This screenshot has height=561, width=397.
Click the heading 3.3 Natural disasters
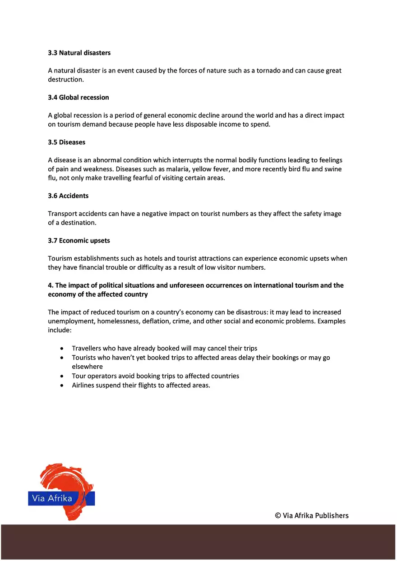[79, 53]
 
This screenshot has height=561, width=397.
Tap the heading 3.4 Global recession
[78, 97]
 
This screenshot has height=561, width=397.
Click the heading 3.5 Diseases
[66, 142]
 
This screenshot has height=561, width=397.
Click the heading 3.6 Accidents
[68, 196]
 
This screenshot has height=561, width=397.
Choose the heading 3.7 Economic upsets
[79, 240]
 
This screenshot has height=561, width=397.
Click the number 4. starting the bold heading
[51, 285]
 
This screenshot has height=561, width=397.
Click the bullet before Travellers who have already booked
[62, 349]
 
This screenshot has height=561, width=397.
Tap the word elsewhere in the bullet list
[87, 367]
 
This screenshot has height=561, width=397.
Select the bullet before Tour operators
[62, 376]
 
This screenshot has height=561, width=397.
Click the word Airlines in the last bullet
[83, 385]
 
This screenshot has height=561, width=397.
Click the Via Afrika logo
[61, 492]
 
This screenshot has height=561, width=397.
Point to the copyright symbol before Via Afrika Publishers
[278, 515]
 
